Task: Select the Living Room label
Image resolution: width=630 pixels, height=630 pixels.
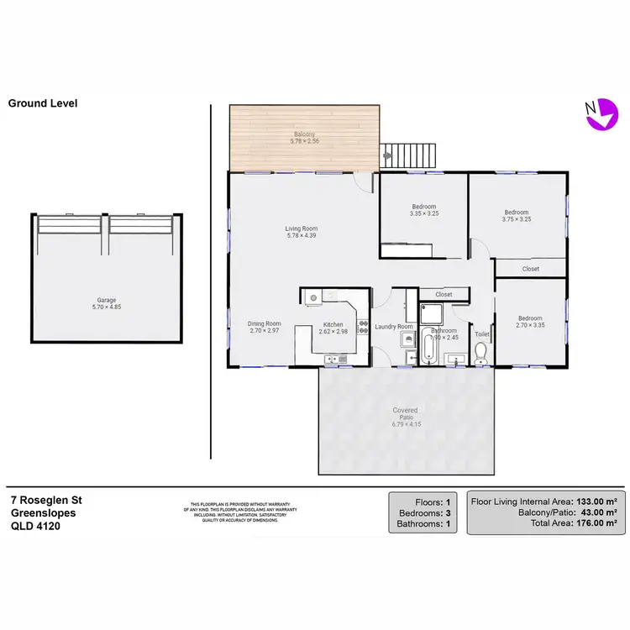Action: pos(301,233)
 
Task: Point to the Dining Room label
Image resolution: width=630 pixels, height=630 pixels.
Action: pos(264,328)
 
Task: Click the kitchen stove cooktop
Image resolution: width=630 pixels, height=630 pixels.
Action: pos(363,326)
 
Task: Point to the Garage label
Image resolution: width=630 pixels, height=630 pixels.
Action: pos(106,304)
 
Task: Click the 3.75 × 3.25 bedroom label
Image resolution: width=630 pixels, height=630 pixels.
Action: pos(516,216)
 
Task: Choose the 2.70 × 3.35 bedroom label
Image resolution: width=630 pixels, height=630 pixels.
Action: pos(529,322)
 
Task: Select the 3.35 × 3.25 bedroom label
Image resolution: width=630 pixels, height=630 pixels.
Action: pos(423,211)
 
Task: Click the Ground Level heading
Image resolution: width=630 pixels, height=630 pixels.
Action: pos(43,103)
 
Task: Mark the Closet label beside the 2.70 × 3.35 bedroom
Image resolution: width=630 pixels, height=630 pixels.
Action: pos(530,269)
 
